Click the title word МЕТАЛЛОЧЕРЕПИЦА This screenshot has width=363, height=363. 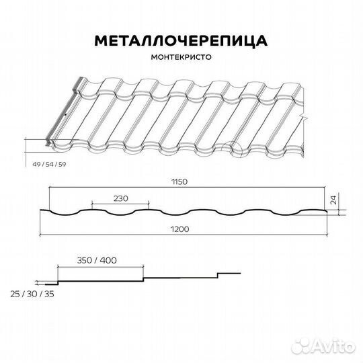(181, 41)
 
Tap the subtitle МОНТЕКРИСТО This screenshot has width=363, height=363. (181, 58)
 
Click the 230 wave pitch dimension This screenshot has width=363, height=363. (120, 198)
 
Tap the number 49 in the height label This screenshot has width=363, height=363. (36, 163)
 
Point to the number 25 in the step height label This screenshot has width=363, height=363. (16, 294)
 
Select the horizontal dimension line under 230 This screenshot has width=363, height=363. (120, 204)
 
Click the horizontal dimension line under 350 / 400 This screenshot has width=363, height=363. (101, 266)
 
